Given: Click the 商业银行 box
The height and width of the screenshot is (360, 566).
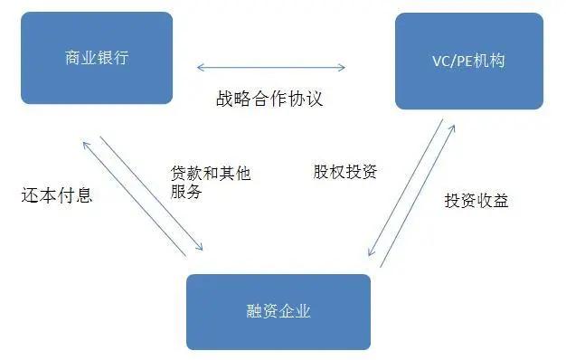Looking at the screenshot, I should click(x=97, y=58).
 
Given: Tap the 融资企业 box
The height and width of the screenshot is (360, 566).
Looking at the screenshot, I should click(x=278, y=311).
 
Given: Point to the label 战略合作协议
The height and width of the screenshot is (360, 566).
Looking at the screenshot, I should click(x=269, y=98).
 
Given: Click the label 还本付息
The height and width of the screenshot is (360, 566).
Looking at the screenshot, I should click(x=56, y=194).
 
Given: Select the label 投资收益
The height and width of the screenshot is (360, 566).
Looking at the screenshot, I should click(x=476, y=200).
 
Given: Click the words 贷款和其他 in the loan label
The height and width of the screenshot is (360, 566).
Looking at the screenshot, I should click(x=209, y=172).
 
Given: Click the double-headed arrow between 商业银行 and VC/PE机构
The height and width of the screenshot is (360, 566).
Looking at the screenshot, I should click(x=271, y=67).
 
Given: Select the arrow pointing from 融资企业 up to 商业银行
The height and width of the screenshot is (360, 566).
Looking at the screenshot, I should click(x=136, y=199).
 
